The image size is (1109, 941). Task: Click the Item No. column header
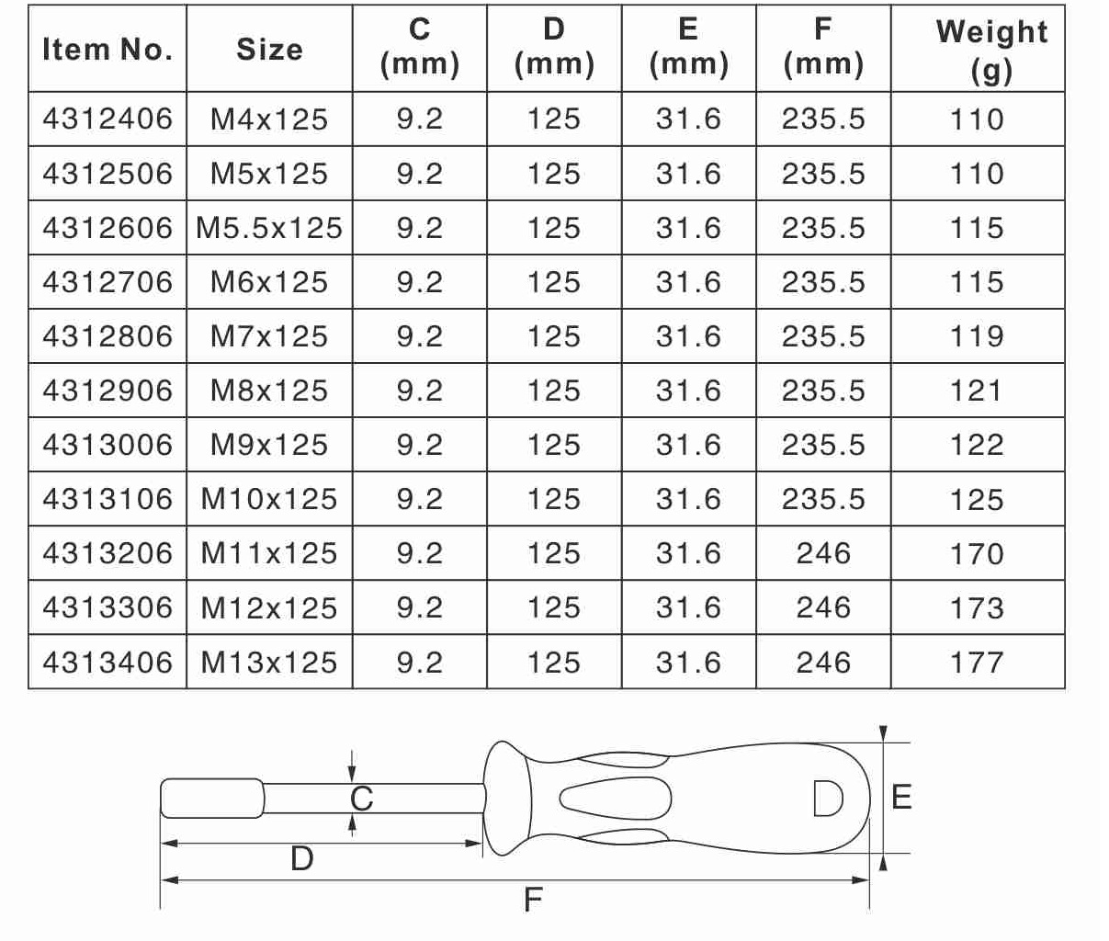click(x=108, y=50)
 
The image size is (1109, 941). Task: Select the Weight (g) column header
click(x=991, y=51)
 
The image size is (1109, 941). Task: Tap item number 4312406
click(x=108, y=119)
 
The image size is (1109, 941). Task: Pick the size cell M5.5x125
click(x=269, y=228)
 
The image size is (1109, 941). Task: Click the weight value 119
click(x=977, y=336)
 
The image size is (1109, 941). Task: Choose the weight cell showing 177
click(x=977, y=662)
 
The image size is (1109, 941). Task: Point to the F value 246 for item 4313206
click(x=823, y=553)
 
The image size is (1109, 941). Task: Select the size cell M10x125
click(x=269, y=499)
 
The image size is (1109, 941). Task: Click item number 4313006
click(x=108, y=445)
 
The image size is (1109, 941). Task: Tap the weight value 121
click(x=977, y=391)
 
